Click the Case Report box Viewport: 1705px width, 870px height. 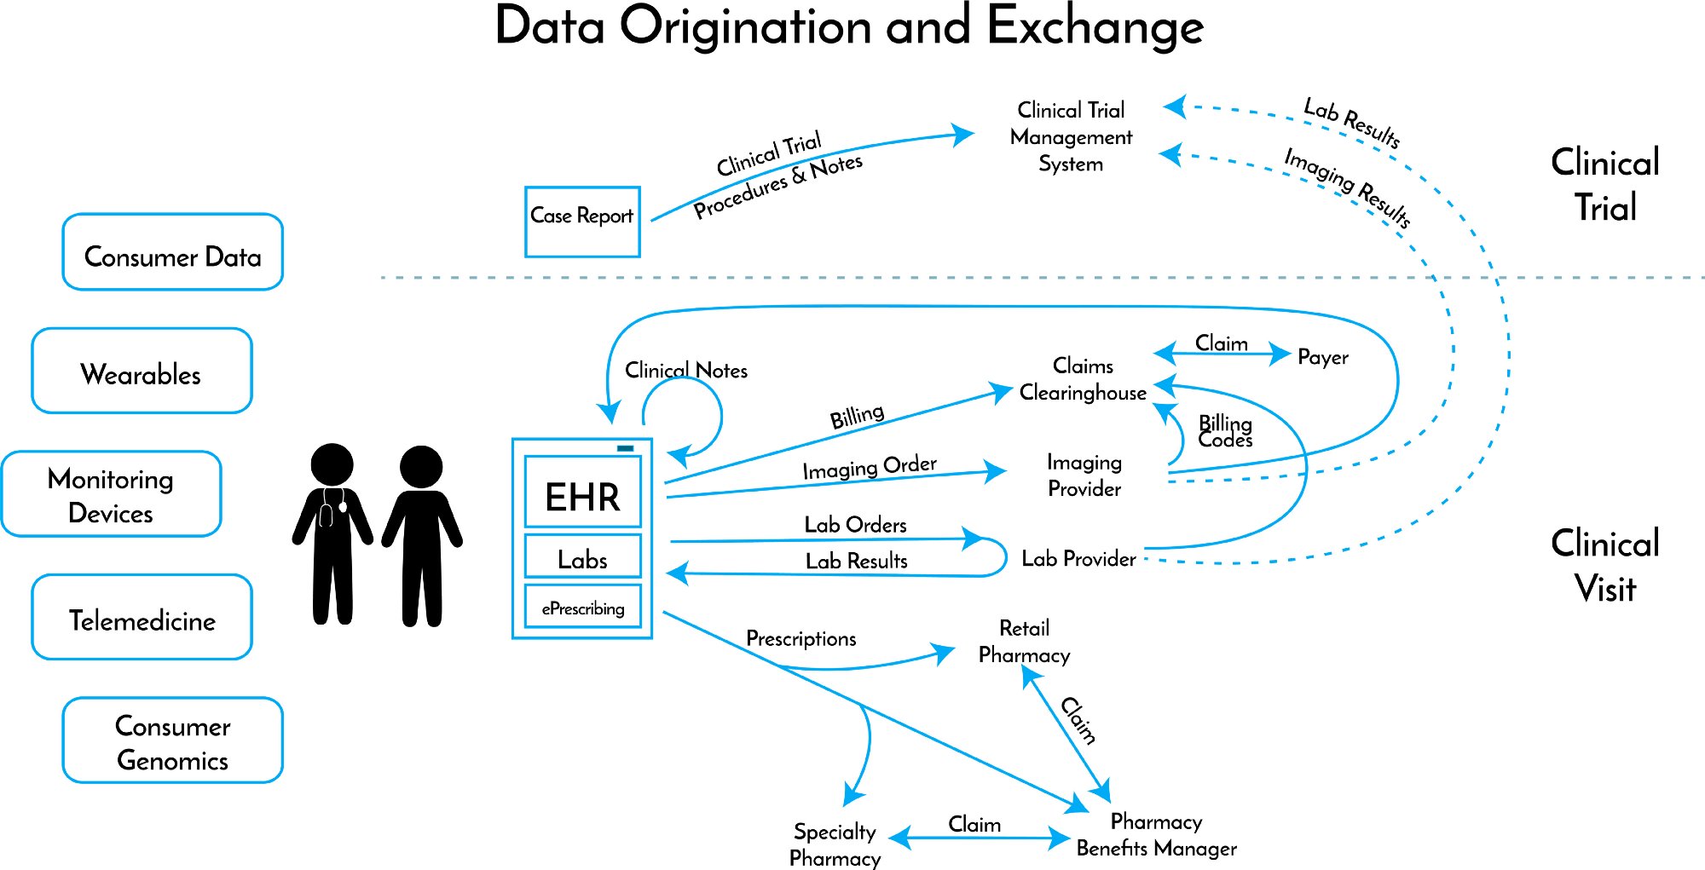pos(582,222)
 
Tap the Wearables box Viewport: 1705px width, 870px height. pos(142,372)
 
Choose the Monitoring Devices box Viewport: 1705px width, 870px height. pos(112,494)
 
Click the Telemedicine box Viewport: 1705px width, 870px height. pos(142,618)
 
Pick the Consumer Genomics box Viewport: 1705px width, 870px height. pos(172,740)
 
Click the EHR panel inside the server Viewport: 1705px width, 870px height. pos(582,493)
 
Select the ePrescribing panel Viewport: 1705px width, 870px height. pos(582,607)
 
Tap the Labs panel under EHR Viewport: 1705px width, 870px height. pos(582,557)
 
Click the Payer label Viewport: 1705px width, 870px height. pos(1322,356)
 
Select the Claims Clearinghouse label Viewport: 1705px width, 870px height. pos(1083,379)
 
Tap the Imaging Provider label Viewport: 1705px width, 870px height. pos(1084,475)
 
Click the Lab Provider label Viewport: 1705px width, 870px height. pos(1078,559)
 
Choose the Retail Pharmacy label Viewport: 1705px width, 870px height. pos(1024,642)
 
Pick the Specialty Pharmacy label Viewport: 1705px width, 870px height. pos(835,844)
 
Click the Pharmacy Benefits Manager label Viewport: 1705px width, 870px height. pos(1156,834)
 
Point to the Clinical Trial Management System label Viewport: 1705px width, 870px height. pos(1071,136)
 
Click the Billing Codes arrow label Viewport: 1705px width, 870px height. pos(1225,431)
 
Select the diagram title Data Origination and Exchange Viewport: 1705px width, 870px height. pos(849,27)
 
